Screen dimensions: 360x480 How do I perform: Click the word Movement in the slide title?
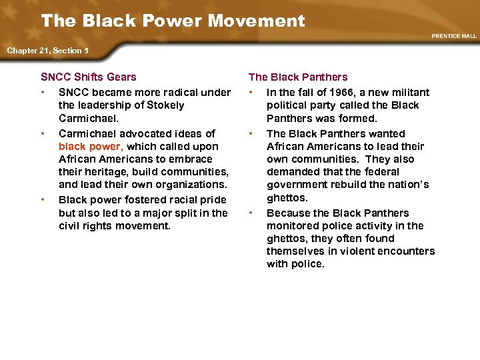pyautogui.click(x=256, y=21)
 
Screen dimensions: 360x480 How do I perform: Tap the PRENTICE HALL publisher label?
pyautogui.click(x=454, y=36)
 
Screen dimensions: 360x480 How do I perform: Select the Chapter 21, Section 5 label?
pyautogui.click(x=47, y=51)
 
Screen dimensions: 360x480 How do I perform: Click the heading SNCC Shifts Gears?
pyautogui.click(x=89, y=77)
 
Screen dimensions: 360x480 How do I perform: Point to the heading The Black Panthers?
pyautogui.click(x=298, y=77)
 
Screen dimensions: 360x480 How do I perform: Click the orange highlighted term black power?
pyautogui.click(x=90, y=146)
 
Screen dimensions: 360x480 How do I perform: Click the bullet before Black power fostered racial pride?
pyautogui.click(x=43, y=199)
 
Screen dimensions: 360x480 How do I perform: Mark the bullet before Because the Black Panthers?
pyautogui.click(x=251, y=213)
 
